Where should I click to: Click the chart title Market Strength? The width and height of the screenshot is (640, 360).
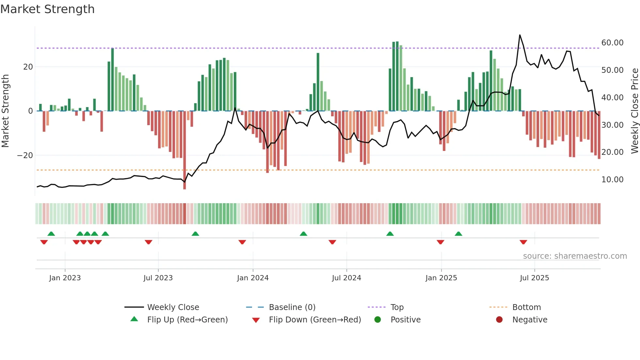point(47,9)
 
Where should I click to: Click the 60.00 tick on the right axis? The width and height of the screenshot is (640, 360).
point(612,43)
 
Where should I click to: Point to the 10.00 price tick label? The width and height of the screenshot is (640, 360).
point(612,180)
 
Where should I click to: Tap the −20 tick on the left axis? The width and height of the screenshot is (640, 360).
point(25,155)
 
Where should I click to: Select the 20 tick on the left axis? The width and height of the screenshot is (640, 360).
point(28,67)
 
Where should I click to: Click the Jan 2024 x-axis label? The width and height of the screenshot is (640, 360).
point(253,278)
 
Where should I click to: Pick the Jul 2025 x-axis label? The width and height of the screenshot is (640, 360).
point(534,278)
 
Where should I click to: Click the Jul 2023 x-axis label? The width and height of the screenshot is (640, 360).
point(158,278)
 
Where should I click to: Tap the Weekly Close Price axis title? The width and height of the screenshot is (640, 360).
point(634,111)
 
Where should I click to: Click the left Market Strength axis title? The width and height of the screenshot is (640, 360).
point(5,111)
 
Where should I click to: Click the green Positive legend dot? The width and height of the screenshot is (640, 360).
point(378,320)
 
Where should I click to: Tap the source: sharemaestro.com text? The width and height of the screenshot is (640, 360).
point(575,256)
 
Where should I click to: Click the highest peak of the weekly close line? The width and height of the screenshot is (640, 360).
point(520,35)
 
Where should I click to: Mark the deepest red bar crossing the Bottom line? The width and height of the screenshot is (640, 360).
point(184,183)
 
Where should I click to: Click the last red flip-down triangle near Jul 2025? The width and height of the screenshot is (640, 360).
point(523,242)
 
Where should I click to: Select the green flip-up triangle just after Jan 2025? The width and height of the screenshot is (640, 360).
point(458,234)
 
